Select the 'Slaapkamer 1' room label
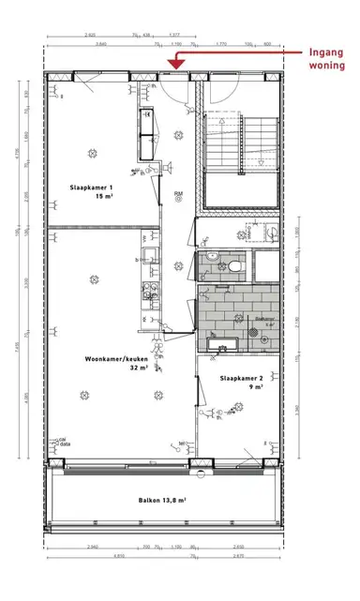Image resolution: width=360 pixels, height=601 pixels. (91, 188)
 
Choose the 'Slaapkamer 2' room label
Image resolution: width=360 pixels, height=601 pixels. (240, 377)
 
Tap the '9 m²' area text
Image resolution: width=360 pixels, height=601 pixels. (240, 387)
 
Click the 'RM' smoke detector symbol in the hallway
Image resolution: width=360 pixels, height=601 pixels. (178, 196)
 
